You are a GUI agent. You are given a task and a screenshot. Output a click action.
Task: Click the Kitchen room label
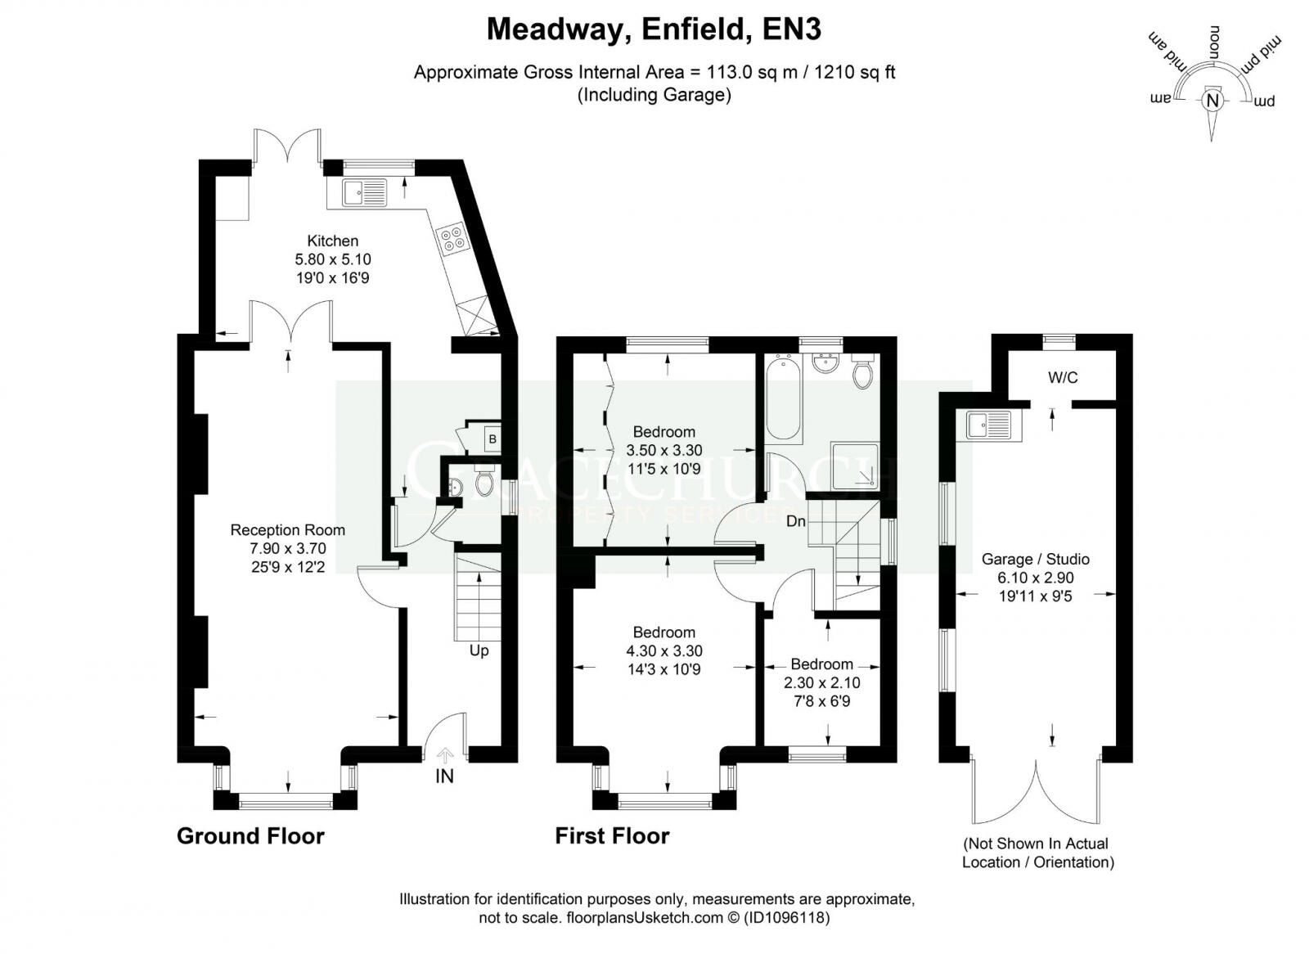tap(332, 241)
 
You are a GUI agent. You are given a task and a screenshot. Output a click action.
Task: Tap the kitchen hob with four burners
tap(452, 239)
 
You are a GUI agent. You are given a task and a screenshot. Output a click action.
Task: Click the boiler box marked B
tap(492, 439)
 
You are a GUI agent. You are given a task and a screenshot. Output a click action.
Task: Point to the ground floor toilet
tap(484, 484)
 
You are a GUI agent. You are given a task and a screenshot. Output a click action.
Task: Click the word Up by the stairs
tap(479, 650)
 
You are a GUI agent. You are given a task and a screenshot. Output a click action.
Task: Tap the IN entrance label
tap(444, 776)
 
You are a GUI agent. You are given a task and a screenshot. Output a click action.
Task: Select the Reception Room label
tap(287, 530)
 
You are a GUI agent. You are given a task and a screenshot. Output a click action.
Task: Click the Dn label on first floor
tap(795, 521)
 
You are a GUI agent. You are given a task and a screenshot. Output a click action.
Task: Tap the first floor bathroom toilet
tap(862, 373)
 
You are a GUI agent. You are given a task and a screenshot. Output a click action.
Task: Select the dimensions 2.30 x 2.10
tap(821, 682)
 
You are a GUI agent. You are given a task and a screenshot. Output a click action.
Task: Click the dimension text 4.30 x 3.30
tap(663, 651)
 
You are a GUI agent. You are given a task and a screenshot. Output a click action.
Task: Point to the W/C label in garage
tap(1063, 377)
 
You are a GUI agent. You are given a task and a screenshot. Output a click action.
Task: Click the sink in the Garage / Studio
tap(988, 425)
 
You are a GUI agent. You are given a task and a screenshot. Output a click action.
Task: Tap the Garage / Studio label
tap(1035, 559)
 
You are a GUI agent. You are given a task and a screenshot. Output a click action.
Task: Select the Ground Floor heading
tap(250, 835)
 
